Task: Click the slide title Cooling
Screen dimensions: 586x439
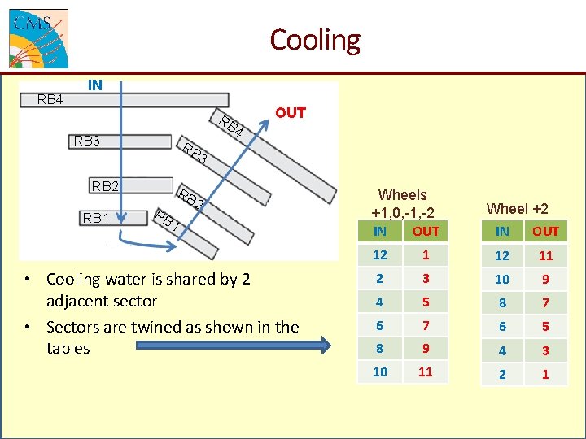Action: (314, 39)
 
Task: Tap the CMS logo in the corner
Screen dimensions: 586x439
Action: (38, 38)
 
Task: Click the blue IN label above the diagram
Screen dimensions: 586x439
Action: (95, 85)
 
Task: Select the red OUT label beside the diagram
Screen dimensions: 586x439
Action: (290, 113)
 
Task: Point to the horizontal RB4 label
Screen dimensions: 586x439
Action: (50, 100)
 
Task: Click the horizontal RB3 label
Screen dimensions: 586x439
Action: (86, 141)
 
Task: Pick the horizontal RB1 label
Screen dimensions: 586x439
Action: (95, 218)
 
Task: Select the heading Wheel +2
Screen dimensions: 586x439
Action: (517, 209)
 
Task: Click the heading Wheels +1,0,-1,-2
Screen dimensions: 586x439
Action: (402, 203)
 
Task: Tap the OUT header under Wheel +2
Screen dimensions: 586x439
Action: (545, 232)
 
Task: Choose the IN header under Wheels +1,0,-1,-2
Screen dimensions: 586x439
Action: (380, 232)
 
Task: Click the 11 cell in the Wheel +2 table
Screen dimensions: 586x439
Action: (545, 255)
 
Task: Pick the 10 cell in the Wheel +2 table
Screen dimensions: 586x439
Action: (502, 279)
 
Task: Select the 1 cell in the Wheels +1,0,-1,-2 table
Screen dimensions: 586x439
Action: (425, 254)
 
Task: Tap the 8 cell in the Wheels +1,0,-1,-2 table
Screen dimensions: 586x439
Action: (380, 349)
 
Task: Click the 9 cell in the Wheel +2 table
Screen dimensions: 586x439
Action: (545, 279)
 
